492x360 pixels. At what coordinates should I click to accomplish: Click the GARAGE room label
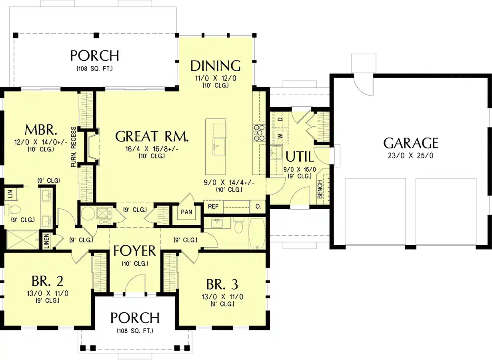[x=411, y=143]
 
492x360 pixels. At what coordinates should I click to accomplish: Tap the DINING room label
[x=216, y=66]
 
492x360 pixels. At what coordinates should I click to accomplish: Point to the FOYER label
[x=134, y=251]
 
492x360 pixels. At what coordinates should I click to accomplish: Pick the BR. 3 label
[x=222, y=284]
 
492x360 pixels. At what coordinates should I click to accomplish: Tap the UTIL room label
[x=299, y=156]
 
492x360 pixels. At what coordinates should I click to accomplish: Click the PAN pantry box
[x=186, y=212]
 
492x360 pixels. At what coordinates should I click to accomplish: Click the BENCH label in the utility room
[x=320, y=189]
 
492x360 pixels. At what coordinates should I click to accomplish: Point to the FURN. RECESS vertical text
[x=74, y=147]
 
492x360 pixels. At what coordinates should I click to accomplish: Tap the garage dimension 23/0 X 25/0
[x=411, y=155]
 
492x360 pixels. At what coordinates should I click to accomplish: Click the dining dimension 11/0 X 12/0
[x=216, y=78]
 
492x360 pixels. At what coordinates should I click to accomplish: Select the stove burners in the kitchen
[x=259, y=132]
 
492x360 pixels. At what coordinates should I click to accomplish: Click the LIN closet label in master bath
[x=10, y=194]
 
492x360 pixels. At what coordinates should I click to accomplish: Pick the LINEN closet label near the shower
[x=46, y=241]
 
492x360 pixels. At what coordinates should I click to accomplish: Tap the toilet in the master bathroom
[x=14, y=209]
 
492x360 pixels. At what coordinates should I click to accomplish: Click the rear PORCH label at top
[x=94, y=56]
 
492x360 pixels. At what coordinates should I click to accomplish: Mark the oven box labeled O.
[x=258, y=207]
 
